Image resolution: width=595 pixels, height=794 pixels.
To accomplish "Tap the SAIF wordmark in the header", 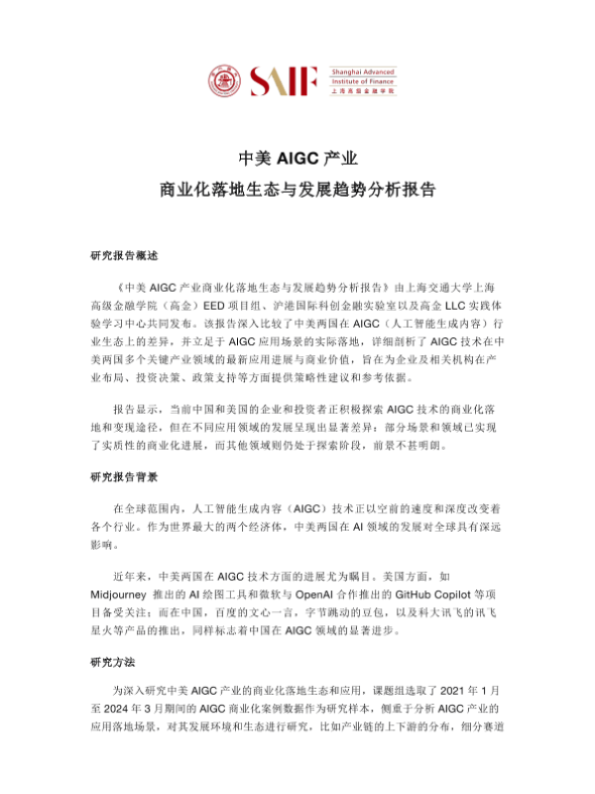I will click(x=286, y=78).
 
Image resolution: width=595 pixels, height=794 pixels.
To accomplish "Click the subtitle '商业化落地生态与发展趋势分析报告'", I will click(x=297, y=189).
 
